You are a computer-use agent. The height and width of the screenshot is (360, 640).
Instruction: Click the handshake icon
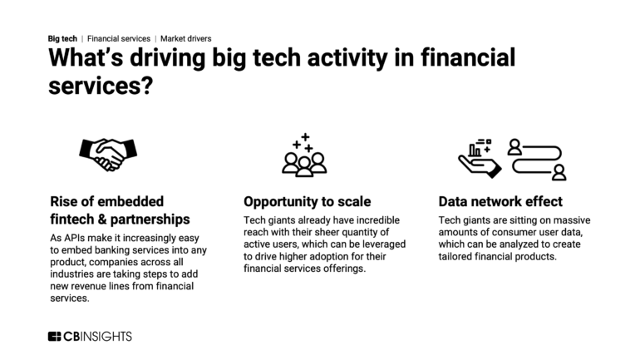tap(107, 153)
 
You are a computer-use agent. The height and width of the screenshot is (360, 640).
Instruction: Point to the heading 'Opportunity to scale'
tap(307, 201)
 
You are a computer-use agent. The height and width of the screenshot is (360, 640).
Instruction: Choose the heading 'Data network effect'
tap(500, 201)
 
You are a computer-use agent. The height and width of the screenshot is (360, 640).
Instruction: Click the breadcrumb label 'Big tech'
tap(62, 38)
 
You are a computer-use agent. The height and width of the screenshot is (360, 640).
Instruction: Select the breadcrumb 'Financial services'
tap(119, 38)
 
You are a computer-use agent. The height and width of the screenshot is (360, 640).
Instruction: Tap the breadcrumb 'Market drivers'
tap(186, 38)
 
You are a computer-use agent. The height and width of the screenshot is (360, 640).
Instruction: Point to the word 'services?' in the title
tap(100, 85)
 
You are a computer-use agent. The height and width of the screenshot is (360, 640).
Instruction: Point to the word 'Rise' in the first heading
tap(62, 201)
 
